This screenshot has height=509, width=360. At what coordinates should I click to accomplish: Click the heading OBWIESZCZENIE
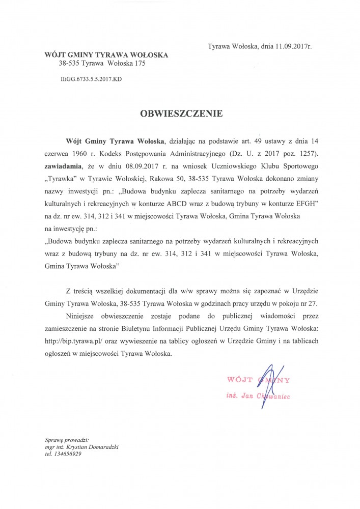pos(181,114)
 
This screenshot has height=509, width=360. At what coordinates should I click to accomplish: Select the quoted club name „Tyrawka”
pos(64,179)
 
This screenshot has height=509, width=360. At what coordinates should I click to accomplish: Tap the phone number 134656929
pos(68,455)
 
